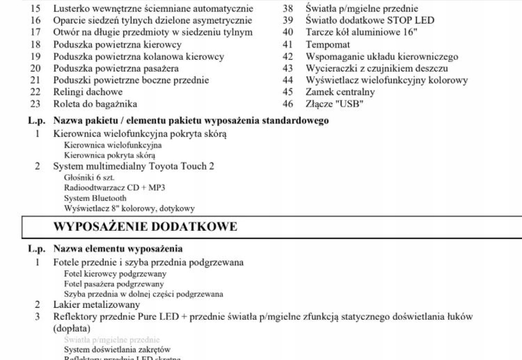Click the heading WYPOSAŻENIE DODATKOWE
pos(145,227)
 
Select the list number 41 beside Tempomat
pos(288,45)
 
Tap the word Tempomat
pos(328,45)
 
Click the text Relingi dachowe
pos(88,92)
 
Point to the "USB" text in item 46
pos(349,104)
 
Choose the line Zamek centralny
pos(340,92)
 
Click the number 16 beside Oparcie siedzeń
pos(36,21)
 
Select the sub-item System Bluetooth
pos(95,198)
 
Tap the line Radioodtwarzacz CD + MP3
pos(115,188)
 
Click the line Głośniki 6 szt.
pos(89,177)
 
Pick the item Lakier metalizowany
pos(96,305)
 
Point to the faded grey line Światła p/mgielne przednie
pos(112,340)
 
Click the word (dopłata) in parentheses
pos(72,328)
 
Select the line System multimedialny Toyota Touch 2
pos(133,166)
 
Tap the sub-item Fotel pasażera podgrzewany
pos(114,284)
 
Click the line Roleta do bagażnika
pos(95,104)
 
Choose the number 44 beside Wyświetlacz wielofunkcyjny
pos(288,80)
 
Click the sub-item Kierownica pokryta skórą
pos(109,155)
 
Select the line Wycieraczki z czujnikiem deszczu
pos(377,68)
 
